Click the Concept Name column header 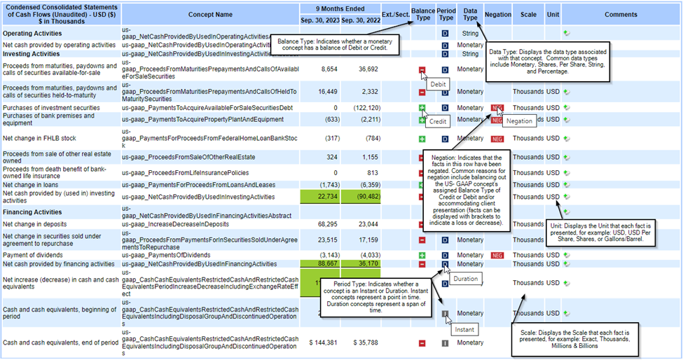coord(210,14)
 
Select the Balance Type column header coord(422,14)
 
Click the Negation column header coord(497,14)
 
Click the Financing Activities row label coord(32,211)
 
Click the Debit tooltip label coord(438,84)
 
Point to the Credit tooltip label coord(439,121)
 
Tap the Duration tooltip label coord(464,279)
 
